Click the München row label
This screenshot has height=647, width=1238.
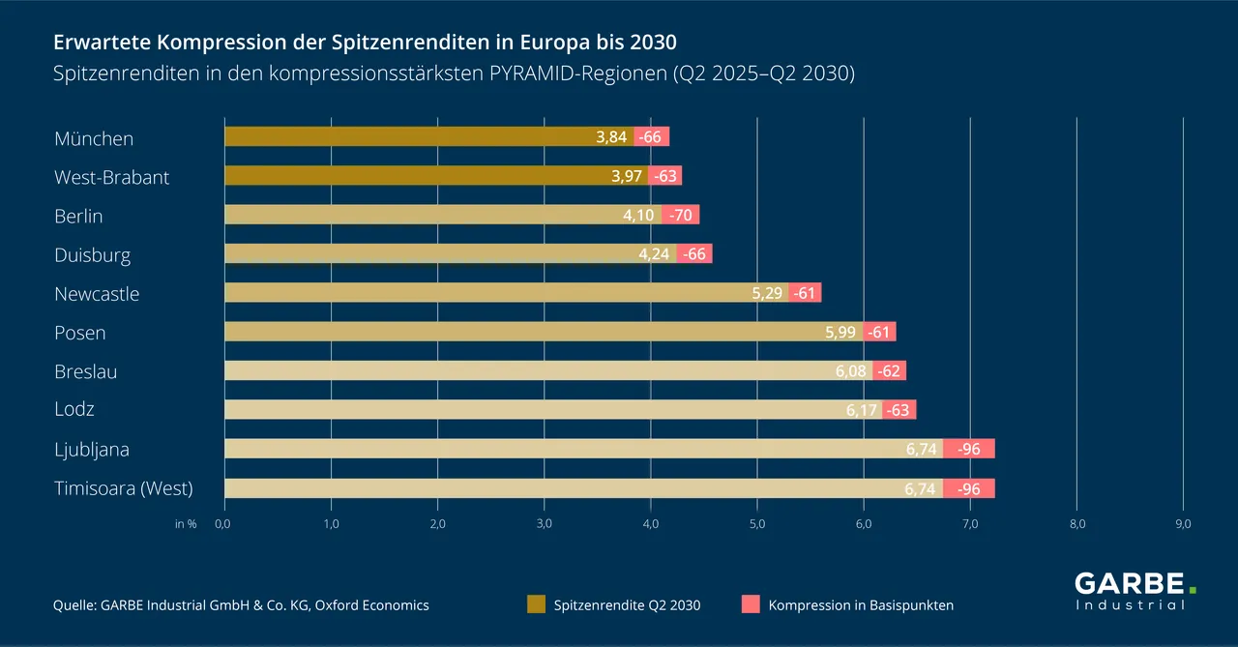tap(94, 138)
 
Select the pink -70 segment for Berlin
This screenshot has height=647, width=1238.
tap(681, 215)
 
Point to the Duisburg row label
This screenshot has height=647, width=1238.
tap(92, 255)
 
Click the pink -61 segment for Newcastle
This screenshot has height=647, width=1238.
tap(805, 293)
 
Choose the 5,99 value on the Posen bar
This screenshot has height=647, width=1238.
tap(842, 332)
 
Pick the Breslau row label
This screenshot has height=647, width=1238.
tap(86, 371)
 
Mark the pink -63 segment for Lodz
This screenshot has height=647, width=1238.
tap(899, 410)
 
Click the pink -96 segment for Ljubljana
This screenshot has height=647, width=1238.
tap(968, 449)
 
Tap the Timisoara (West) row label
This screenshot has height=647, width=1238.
tap(124, 488)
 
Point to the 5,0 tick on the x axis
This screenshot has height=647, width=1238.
tap(756, 524)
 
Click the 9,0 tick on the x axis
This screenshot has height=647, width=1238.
tap(1182, 524)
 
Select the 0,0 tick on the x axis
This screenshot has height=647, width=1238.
tap(222, 524)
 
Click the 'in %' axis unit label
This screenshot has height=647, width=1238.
tap(186, 524)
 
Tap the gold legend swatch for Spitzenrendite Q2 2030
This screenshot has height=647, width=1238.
tap(536, 604)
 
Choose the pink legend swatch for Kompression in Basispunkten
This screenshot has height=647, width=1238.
tap(751, 604)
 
